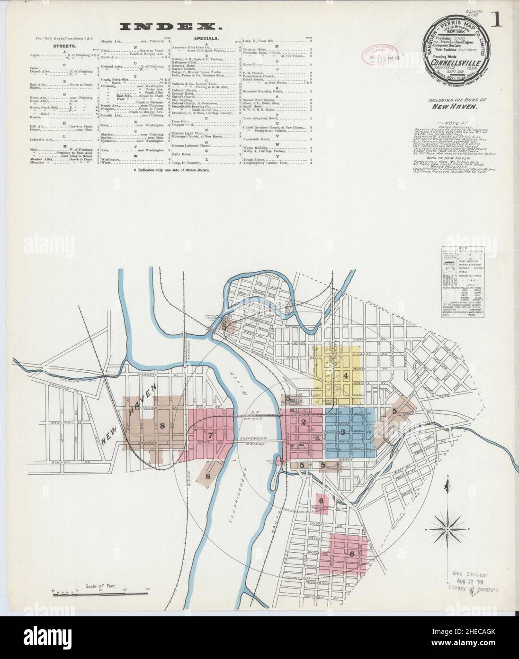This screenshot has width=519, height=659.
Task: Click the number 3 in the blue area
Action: pos(342,431)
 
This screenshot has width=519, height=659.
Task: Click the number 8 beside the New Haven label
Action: pos(162,425)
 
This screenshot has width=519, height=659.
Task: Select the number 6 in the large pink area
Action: pos(351,554)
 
